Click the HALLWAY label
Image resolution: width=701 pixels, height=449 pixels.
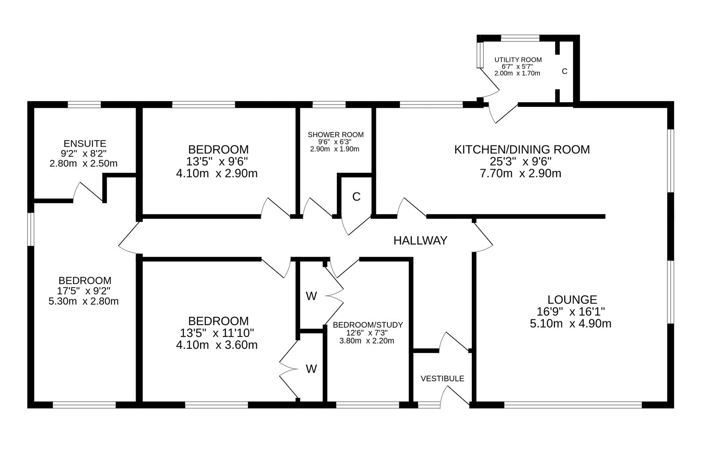point(420,240)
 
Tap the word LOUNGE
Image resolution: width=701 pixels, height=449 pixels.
point(572,299)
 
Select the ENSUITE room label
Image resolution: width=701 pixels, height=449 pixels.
point(85,143)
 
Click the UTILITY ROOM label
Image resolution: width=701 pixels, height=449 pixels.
point(518,60)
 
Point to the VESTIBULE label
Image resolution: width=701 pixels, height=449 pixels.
point(442,379)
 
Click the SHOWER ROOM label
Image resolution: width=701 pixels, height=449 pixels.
point(336,135)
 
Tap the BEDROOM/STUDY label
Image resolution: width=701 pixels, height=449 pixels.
point(368,325)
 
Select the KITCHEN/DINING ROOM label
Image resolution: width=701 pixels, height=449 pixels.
point(522,149)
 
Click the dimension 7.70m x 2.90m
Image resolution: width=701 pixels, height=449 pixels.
point(520,173)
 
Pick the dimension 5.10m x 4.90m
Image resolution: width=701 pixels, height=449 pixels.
point(570,323)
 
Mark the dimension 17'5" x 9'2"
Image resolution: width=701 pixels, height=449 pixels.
point(84,291)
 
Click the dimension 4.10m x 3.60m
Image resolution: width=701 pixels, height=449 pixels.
point(217,345)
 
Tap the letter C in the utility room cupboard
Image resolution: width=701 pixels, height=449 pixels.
point(564,72)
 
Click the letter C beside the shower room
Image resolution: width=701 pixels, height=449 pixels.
point(356,197)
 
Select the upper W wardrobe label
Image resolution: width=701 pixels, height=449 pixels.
point(311,296)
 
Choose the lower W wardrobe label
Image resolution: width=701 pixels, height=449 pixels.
point(311,369)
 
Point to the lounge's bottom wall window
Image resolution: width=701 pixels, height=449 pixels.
point(573,405)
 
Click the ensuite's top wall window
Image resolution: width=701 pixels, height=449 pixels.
point(84,104)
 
